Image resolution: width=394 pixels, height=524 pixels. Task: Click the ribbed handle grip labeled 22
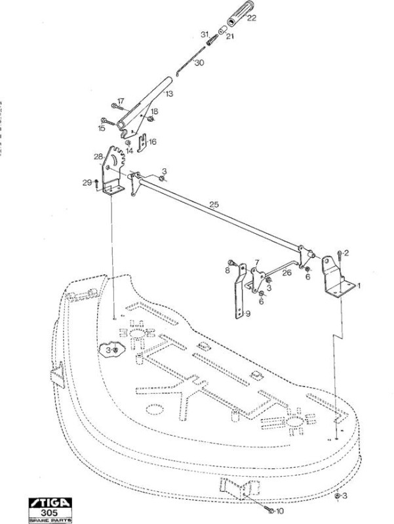(240, 14)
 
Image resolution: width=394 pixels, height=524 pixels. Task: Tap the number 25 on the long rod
(214, 204)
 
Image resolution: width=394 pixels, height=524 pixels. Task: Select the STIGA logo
(50, 503)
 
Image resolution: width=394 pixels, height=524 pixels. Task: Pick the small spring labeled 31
(212, 40)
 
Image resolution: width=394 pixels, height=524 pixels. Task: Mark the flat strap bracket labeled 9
(240, 291)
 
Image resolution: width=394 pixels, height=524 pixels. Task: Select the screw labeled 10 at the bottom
(269, 510)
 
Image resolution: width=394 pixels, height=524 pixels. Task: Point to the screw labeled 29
(96, 183)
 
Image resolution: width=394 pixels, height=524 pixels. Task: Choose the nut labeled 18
(151, 119)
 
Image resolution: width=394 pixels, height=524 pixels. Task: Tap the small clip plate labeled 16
(142, 142)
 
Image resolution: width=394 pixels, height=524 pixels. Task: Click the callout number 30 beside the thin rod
(199, 62)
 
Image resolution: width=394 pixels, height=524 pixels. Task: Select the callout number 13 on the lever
(169, 94)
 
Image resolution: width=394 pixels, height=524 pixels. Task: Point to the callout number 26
(286, 272)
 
